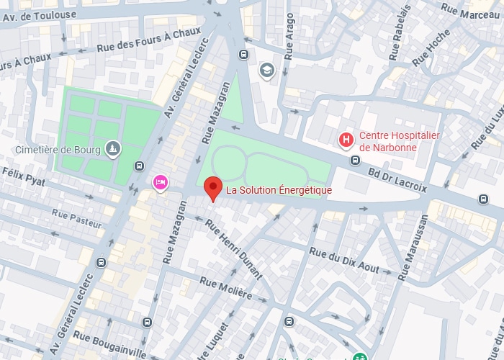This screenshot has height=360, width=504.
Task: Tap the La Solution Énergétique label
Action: [279, 190]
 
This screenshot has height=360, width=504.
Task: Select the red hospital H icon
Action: [347, 139]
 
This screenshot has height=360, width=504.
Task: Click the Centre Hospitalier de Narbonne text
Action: [399, 141]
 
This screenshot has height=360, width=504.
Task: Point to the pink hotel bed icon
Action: [160, 183]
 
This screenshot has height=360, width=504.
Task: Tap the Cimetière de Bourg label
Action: [58, 150]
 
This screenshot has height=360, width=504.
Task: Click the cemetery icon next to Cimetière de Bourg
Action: [112, 149]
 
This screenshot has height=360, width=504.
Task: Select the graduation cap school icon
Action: [266, 70]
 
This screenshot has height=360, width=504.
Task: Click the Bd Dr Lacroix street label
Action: [397, 179]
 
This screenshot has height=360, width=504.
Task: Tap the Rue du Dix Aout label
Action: [344, 260]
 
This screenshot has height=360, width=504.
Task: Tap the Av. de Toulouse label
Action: [38, 13]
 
